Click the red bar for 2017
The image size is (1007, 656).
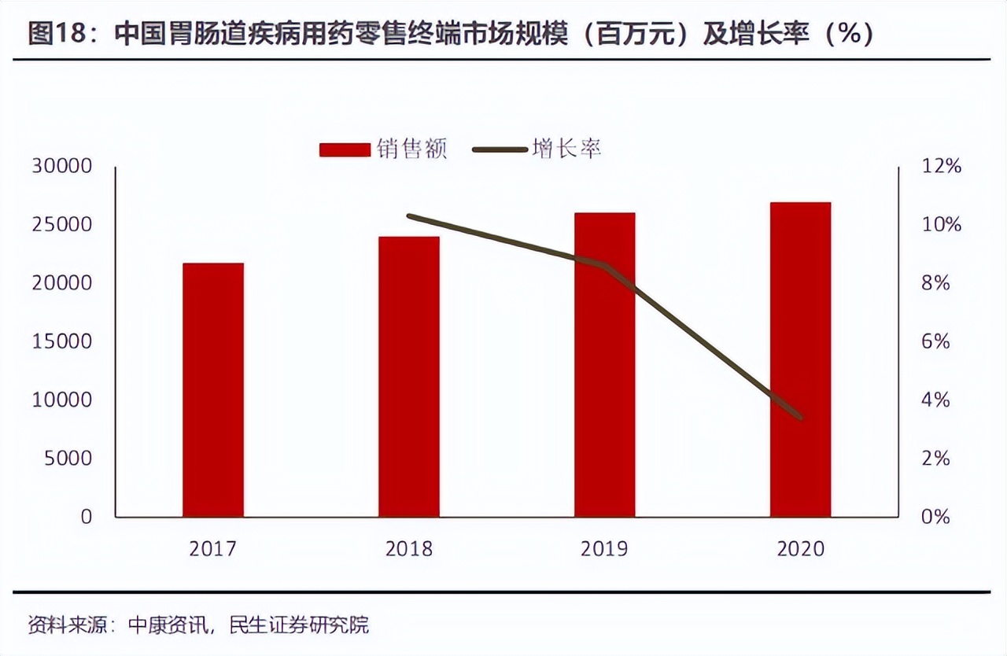pos(212,390)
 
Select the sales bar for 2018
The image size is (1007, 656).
pos(408,377)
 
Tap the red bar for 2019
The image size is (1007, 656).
pos(604,365)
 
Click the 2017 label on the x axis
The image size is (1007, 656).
pos(212,548)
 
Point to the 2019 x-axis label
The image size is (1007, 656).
pos(604,548)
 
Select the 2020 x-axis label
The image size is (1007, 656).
pos(800,548)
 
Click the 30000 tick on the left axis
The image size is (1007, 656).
pos(61,167)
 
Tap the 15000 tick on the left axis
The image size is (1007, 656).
pos(61,342)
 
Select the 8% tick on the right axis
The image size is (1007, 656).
pos(936,283)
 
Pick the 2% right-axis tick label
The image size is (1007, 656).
pos(936,459)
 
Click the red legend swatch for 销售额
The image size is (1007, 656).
pos(344,149)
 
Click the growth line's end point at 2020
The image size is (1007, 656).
pos(800,417)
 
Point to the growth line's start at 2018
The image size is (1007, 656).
pos(409,216)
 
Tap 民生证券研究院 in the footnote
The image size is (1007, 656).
pos(298,625)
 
